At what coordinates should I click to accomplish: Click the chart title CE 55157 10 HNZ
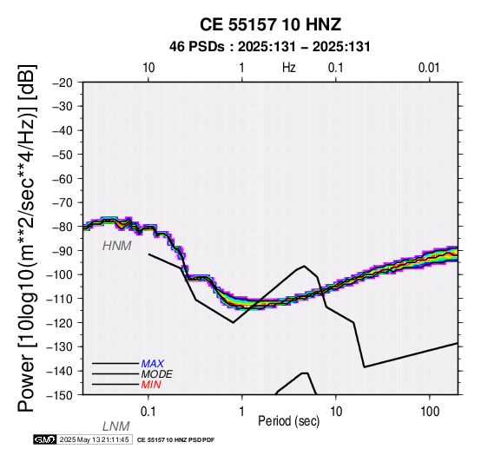coord(270,24)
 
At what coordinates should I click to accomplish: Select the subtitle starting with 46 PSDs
coord(270,47)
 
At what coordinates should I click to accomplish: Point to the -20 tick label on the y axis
coord(63,82)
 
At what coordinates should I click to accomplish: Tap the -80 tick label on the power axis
coord(63,227)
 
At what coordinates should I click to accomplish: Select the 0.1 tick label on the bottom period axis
coord(148,412)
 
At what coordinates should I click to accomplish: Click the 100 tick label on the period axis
coord(430,412)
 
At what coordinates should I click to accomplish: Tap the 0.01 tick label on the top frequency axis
coord(429,68)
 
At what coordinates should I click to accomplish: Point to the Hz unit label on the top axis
coord(288,68)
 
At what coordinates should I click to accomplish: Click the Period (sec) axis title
coord(288,421)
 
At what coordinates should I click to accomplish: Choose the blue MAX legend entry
coord(153,364)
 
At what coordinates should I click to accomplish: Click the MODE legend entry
coord(157,374)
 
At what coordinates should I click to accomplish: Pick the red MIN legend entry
coord(151,385)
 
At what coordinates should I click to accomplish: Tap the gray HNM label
coord(117,246)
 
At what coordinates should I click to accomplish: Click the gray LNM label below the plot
coord(116,426)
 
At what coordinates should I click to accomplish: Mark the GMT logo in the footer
coord(45,439)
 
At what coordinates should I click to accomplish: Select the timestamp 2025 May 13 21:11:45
coord(94,439)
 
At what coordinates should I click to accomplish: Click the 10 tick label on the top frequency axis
coord(148,68)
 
